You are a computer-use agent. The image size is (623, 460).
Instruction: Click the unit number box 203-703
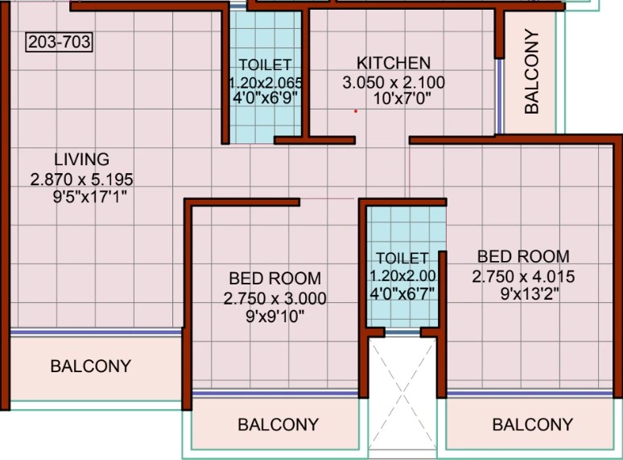[x=60, y=42]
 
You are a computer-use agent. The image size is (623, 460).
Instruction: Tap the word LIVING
[x=82, y=160]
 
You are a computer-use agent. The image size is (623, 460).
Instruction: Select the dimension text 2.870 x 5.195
[x=81, y=180]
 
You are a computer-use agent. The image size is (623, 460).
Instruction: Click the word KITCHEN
[x=394, y=63]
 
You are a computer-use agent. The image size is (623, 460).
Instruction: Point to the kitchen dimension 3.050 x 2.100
[x=394, y=83]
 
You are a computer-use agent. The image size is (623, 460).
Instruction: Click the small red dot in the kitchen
[x=356, y=111]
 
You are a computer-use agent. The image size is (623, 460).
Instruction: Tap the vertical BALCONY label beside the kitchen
[x=531, y=72]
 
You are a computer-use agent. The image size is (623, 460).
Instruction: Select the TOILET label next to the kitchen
[x=265, y=64]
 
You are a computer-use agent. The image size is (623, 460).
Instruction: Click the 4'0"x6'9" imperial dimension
[x=265, y=97]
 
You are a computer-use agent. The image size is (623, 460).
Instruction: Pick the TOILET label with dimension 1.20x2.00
[x=402, y=259]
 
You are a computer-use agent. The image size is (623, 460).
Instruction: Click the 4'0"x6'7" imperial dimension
[x=402, y=293]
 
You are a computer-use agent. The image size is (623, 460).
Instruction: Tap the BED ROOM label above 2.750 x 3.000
[x=275, y=278]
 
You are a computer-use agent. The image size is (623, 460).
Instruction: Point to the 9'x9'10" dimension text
[x=275, y=317]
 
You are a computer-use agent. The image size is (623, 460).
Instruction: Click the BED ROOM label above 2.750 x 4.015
[x=523, y=256]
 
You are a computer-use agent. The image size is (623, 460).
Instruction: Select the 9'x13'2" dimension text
[x=530, y=294]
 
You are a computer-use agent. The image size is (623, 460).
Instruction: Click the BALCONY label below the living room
[x=91, y=367]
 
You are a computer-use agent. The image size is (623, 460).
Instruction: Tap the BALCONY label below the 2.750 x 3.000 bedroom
[x=278, y=425]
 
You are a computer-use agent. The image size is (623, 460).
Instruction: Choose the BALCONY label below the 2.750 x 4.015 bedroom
[x=532, y=425]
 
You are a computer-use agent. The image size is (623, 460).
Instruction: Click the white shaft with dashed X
[x=402, y=394]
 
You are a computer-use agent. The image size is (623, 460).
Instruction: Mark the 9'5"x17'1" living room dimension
[x=90, y=197]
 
